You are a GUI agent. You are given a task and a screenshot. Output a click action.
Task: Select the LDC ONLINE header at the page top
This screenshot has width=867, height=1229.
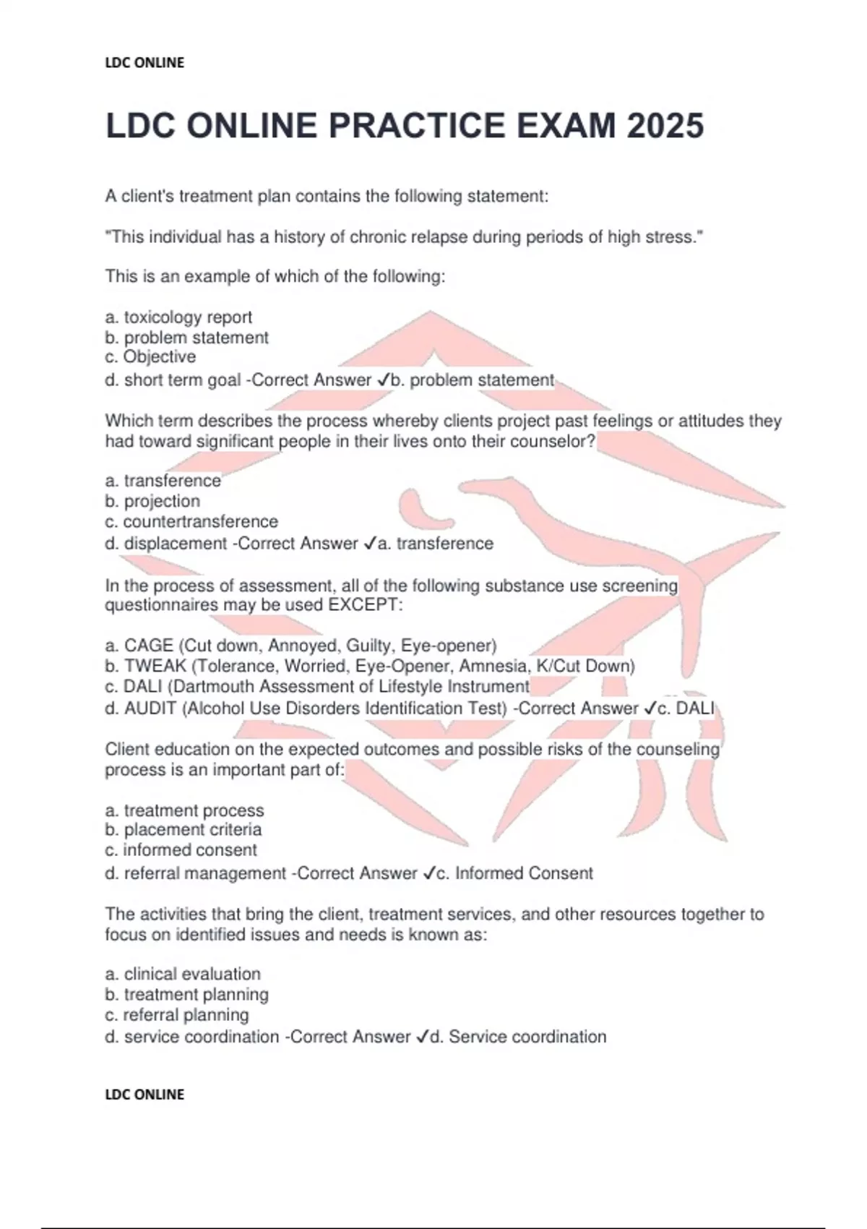(144, 63)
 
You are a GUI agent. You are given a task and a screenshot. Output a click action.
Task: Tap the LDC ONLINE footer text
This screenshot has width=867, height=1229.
(144, 1095)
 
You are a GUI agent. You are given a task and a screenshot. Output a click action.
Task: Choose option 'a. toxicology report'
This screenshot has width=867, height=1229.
(178, 317)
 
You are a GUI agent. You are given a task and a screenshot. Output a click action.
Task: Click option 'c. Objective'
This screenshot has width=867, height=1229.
(150, 357)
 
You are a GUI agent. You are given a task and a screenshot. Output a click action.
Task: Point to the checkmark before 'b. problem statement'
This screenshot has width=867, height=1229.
(384, 380)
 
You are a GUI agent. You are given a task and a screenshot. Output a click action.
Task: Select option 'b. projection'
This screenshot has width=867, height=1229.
(152, 501)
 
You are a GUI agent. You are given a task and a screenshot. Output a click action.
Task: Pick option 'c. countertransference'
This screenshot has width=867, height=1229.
(191, 521)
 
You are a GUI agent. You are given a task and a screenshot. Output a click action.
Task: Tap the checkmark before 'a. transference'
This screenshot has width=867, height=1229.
(371, 544)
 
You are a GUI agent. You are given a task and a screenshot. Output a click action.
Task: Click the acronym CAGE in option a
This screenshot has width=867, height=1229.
(149, 646)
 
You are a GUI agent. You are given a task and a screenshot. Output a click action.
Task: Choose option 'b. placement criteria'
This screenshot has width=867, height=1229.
(184, 830)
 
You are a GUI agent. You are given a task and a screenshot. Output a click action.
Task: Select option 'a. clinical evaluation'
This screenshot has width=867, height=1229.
(183, 974)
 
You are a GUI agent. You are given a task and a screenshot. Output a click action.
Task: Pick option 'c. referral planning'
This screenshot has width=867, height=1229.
(177, 1015)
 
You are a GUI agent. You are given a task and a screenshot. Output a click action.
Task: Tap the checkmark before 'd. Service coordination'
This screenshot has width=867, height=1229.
(423, 1037)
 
